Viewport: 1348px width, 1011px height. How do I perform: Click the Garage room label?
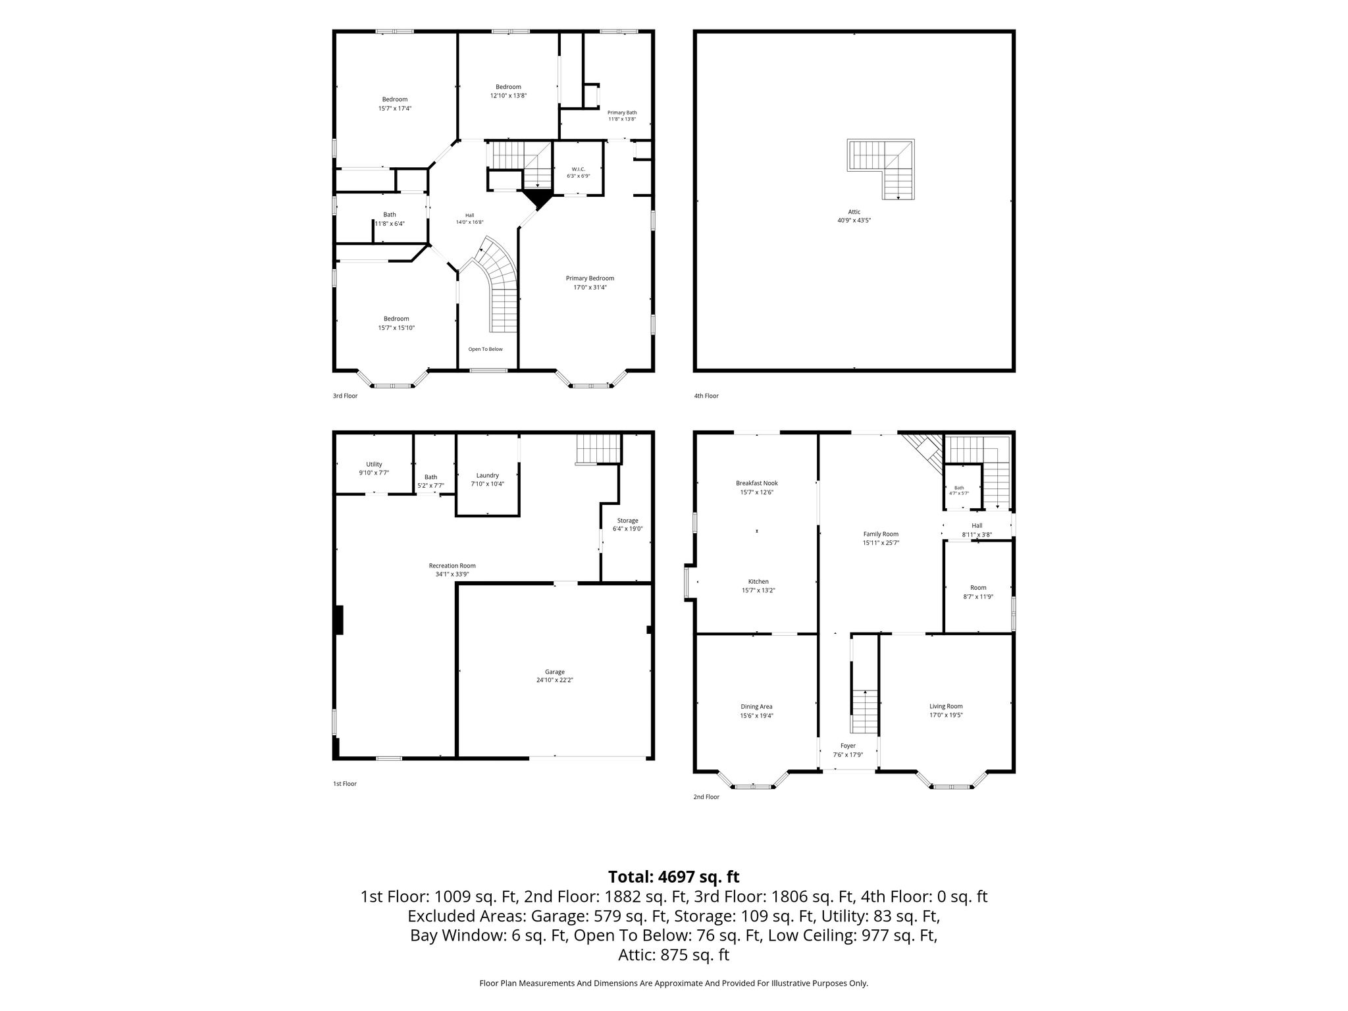pyautogui.click(x=555, y=672)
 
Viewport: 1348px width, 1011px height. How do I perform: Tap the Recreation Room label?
pyautogui.click(x=452, y=565)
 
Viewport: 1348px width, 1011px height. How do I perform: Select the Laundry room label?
pyautogui.click(x=488, y=475)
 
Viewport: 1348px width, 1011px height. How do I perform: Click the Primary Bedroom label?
pyautogui.click(x=590, y=278)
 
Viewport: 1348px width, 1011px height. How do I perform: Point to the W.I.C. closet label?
pyautogui.click(x=579, y=169)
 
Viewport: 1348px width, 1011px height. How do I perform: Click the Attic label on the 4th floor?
pyautogui.click(x=854, y=212)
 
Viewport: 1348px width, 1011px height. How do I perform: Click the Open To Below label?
pyautogui.click(x=486, y=349)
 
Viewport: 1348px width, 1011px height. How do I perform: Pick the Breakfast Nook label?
pyautogui.click(x=757, y=483)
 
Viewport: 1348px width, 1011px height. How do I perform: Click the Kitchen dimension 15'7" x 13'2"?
pyautogui.click(x=758, y=590)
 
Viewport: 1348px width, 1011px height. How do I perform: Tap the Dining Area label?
pyautogui.click(x=757, y=706)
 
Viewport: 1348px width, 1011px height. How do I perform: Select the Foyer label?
pyautogui.click(x=848, y=746)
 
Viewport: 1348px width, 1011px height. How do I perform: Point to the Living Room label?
pyautogui.click(x=946, y=706)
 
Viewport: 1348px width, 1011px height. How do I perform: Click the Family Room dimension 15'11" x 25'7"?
pyautogui.click(x=881, y=543)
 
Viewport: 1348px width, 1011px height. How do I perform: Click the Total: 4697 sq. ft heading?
pyautogui.click(x=674, y=877)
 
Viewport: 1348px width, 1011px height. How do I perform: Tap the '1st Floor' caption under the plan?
pyautogui.click(x=345, y=784)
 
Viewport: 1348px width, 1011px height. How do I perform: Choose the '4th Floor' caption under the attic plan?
pyautogui.click(x=706, y=396)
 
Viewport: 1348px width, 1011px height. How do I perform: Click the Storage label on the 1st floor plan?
pyautogui.click(x=627, y=521)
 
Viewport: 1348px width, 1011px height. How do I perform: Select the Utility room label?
pyautogui.click(x=374, y=464)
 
